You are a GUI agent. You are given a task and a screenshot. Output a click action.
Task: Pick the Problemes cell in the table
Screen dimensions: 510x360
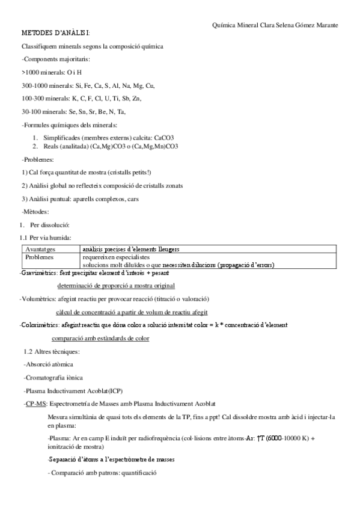tap(39, 256)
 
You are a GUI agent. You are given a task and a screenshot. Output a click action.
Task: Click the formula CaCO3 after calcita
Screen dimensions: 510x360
tap(163, 138)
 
